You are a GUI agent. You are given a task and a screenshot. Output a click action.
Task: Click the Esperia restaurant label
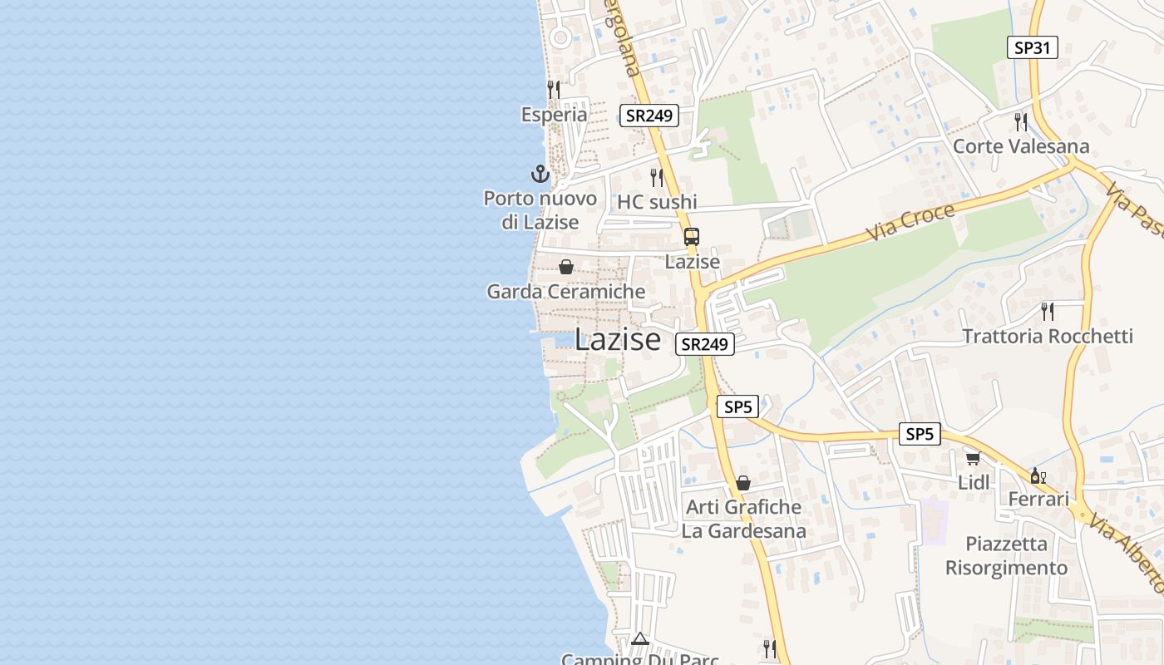click(x=554, y=115)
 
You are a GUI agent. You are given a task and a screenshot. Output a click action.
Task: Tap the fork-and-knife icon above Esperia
click(x=553, y=89)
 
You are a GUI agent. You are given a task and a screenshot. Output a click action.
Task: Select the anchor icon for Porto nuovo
click(x=540, y=175)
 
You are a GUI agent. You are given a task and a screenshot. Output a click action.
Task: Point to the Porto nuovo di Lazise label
click(x=540, y=210)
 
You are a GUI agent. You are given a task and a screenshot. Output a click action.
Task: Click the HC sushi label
click(x=657, y=202)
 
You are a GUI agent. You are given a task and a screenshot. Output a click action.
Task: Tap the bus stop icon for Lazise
click(x=692, y=237)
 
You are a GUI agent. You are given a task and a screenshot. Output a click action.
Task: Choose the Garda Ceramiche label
click(x=565, y=292)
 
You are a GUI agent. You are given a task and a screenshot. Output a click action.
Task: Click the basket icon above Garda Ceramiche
click(x=566, y=267)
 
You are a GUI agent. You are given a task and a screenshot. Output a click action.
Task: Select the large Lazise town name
click(x=618, y=339)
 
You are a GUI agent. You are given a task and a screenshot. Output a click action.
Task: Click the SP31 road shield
click(x=1032, y=47)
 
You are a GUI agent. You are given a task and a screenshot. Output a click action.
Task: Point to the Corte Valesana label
click(x=1021, y=146)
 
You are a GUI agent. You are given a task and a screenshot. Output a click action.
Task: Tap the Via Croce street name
click(x=910, y=222)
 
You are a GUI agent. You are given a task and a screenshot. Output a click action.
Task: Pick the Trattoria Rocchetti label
click(x=1048, y=336)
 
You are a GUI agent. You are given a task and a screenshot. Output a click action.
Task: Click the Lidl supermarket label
click(x=974, y=482)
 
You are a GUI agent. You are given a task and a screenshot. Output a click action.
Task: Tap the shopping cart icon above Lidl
click(x=973, y=458)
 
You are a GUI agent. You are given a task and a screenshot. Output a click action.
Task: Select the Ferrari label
click(x=1038, y=500)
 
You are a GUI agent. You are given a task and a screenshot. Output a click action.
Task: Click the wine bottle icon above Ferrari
click(x=1038, y=475)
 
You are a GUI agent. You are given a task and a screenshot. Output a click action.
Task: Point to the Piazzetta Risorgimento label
click(x=1006, y=555)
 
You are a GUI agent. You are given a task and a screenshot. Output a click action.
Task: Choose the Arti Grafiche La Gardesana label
click(x=743, y=519)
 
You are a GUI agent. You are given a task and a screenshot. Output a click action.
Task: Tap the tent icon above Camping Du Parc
click(x=639, y=638)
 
